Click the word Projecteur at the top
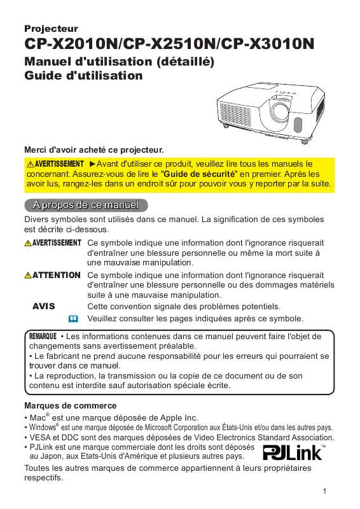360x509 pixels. (51, 29)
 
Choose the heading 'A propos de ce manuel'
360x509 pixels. (86, 206)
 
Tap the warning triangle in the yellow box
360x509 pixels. (30, 164)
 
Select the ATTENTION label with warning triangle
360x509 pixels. (53, 275)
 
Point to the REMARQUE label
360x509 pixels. (43, 335)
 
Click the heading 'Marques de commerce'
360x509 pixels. (70, 405)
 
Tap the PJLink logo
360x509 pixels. (293, 457)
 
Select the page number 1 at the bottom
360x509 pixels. (324, 491)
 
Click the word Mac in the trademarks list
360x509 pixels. (38, 417)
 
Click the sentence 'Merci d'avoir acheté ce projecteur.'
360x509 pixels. (94, 150)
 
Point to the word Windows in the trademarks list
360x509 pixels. (42, 428)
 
